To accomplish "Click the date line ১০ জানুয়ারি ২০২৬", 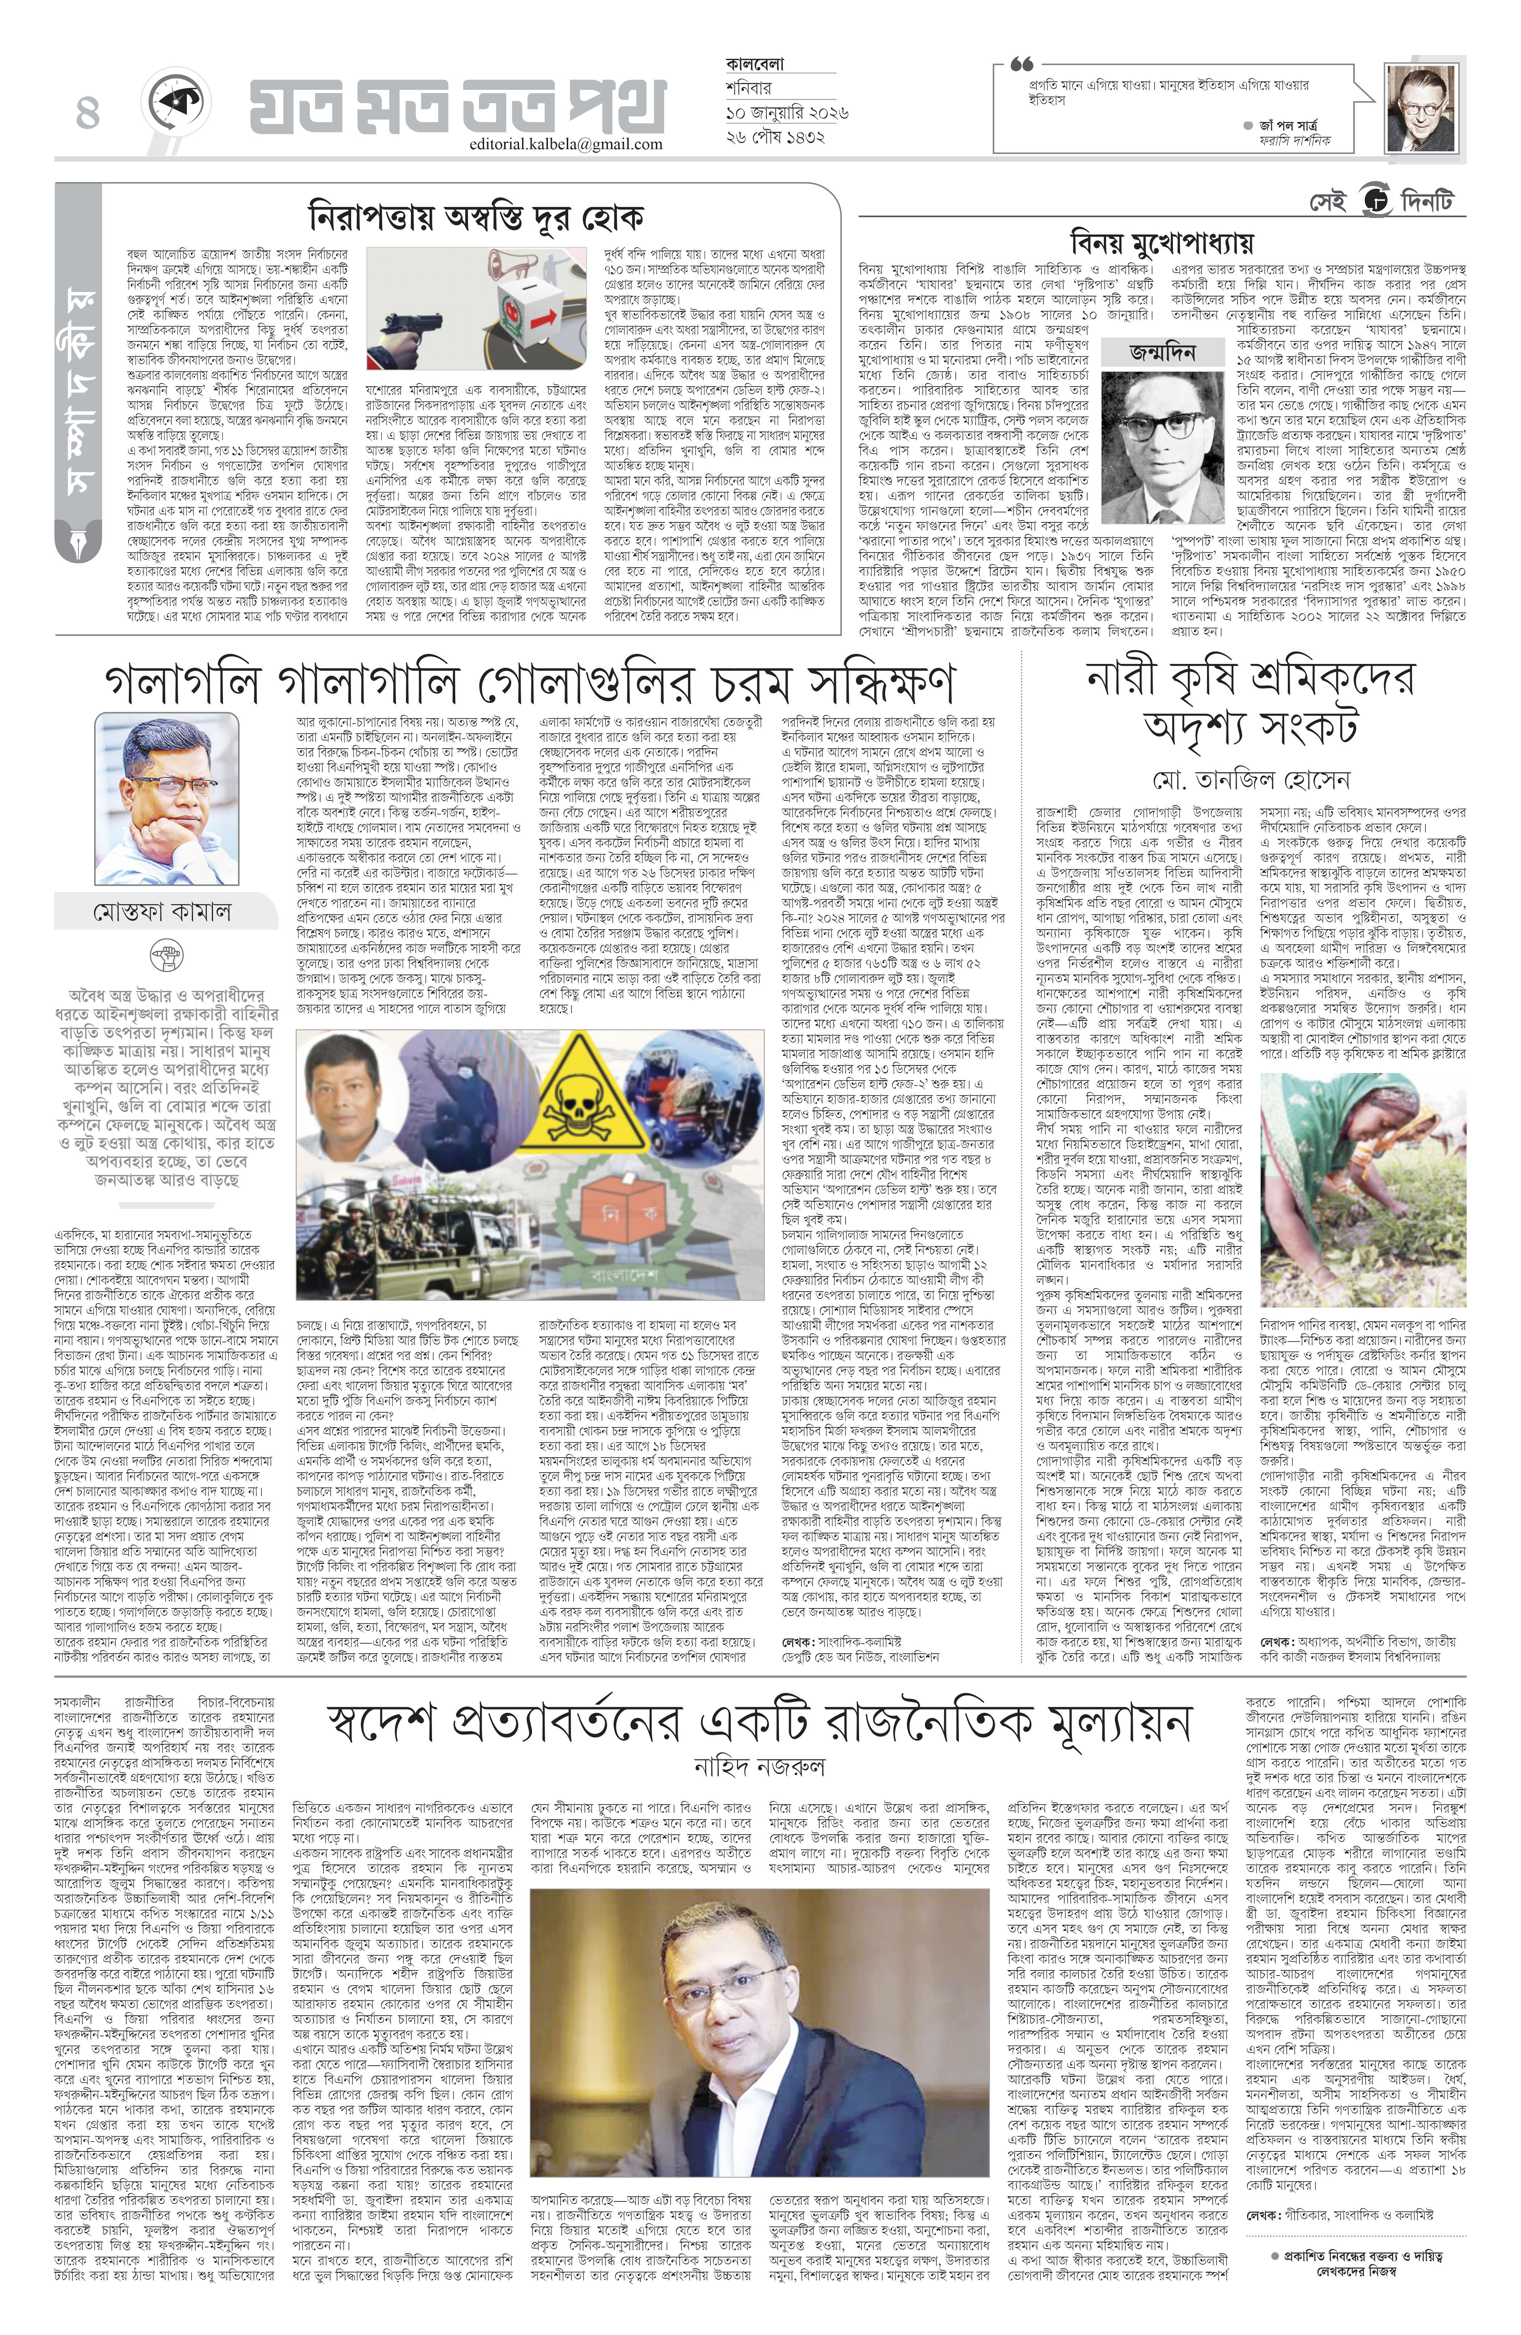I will [x=785, y=113].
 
